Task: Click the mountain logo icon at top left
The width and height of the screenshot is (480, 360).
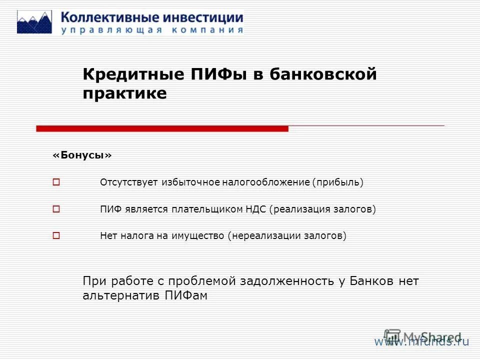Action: click(x=34, y=22)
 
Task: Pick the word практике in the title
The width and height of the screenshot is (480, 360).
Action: click(x=124, y=93)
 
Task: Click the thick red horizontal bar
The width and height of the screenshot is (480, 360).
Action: click(x=162, y=128)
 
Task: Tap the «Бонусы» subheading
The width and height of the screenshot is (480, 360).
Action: click(x=82, y=156)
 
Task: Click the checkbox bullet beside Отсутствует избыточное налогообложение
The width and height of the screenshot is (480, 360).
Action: click(x=56, y=182)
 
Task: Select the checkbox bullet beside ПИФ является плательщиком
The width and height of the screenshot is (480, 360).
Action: click(x=56, y=209)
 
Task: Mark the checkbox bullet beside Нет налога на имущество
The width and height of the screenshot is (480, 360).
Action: click(x=56, y=235)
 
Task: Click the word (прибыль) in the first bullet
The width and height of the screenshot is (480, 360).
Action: click(x=338, y=182)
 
